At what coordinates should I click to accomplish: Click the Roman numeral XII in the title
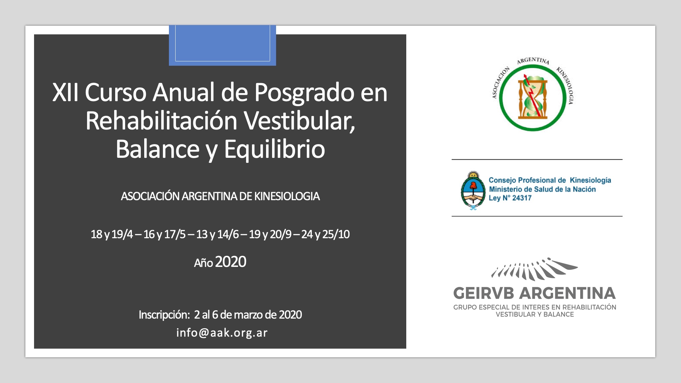(x=65, y=92)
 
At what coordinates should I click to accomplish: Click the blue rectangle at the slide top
(x=222, y=45)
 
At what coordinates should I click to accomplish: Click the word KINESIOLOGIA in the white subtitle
(x=287, y=196)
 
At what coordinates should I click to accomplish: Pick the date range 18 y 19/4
(x=112, y=235)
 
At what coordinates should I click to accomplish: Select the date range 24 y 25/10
(x=325, y=235)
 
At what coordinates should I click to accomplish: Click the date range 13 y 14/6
(x=217, y=235)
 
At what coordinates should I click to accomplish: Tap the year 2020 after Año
(x=231, y=262)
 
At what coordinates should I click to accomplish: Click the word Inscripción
(x=164, y=315)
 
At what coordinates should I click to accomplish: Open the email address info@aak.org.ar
(x=222, y=333)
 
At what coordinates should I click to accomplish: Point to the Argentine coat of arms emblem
(x=473, y=190)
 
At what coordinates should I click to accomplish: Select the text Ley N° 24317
(x=510, y=198)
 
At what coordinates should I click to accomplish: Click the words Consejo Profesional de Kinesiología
(x=550, y=180)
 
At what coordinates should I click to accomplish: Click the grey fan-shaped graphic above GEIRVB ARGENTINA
(x=534, y=269)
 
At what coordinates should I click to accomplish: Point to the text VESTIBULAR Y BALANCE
(x=535, y=315)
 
